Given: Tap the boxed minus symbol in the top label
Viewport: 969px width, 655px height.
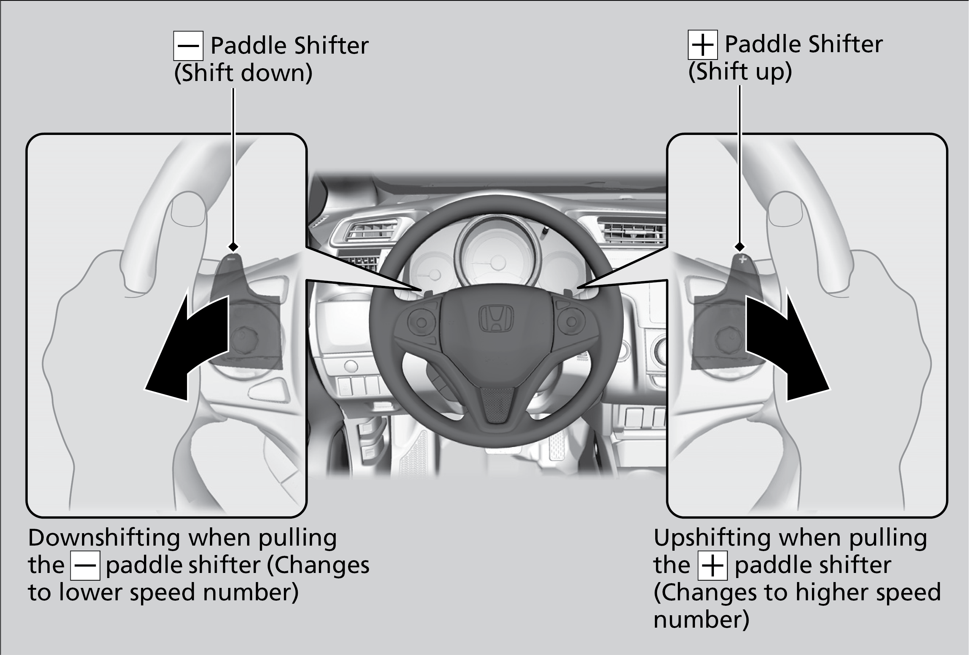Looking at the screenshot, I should coord(188,46).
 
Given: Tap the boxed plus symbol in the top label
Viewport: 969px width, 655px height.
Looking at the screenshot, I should coord(702,44).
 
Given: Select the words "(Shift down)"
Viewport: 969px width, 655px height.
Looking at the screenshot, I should coord(243,73).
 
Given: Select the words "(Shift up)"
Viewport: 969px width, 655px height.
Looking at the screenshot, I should coord(740,71).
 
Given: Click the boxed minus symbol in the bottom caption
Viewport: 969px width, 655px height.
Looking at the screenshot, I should coord(85,565).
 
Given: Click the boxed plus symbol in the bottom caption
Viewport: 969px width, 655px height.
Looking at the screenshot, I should coord(712,565).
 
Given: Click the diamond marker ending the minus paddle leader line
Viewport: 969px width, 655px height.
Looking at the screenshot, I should coord(233,247).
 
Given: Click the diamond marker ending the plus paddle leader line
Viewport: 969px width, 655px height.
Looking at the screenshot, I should coord(740,247).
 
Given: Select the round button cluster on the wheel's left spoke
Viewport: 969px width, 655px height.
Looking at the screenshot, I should coord(421,322).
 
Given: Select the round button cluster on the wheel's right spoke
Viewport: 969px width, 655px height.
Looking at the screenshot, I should coord(571,322).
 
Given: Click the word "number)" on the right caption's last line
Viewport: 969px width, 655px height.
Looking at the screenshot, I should coord(701,620).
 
